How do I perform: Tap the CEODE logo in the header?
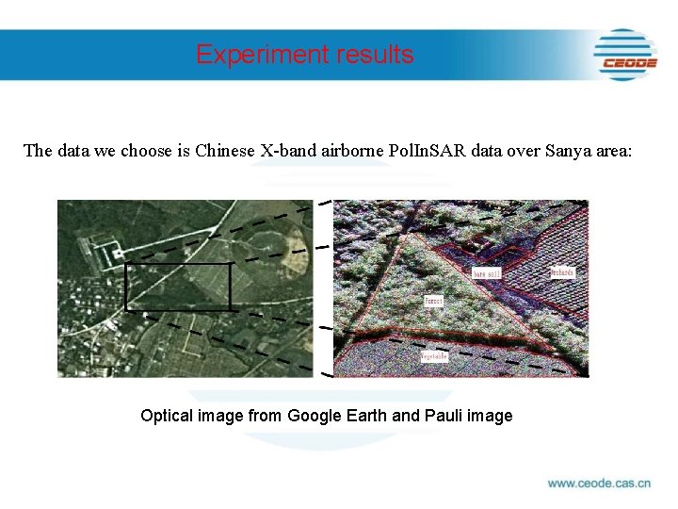pyautogui.click(x=626, y=55)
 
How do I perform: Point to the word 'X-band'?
pyautogui.click(x=284, y=151)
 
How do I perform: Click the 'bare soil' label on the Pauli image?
pyautogui.click(x=486, y=273)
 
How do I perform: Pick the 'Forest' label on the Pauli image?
pyautogui.click(x=434, y=302)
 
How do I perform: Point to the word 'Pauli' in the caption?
pyautogui.click(x=440, y=416)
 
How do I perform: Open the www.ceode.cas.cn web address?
pyautogui.click(x=599, y=484)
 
